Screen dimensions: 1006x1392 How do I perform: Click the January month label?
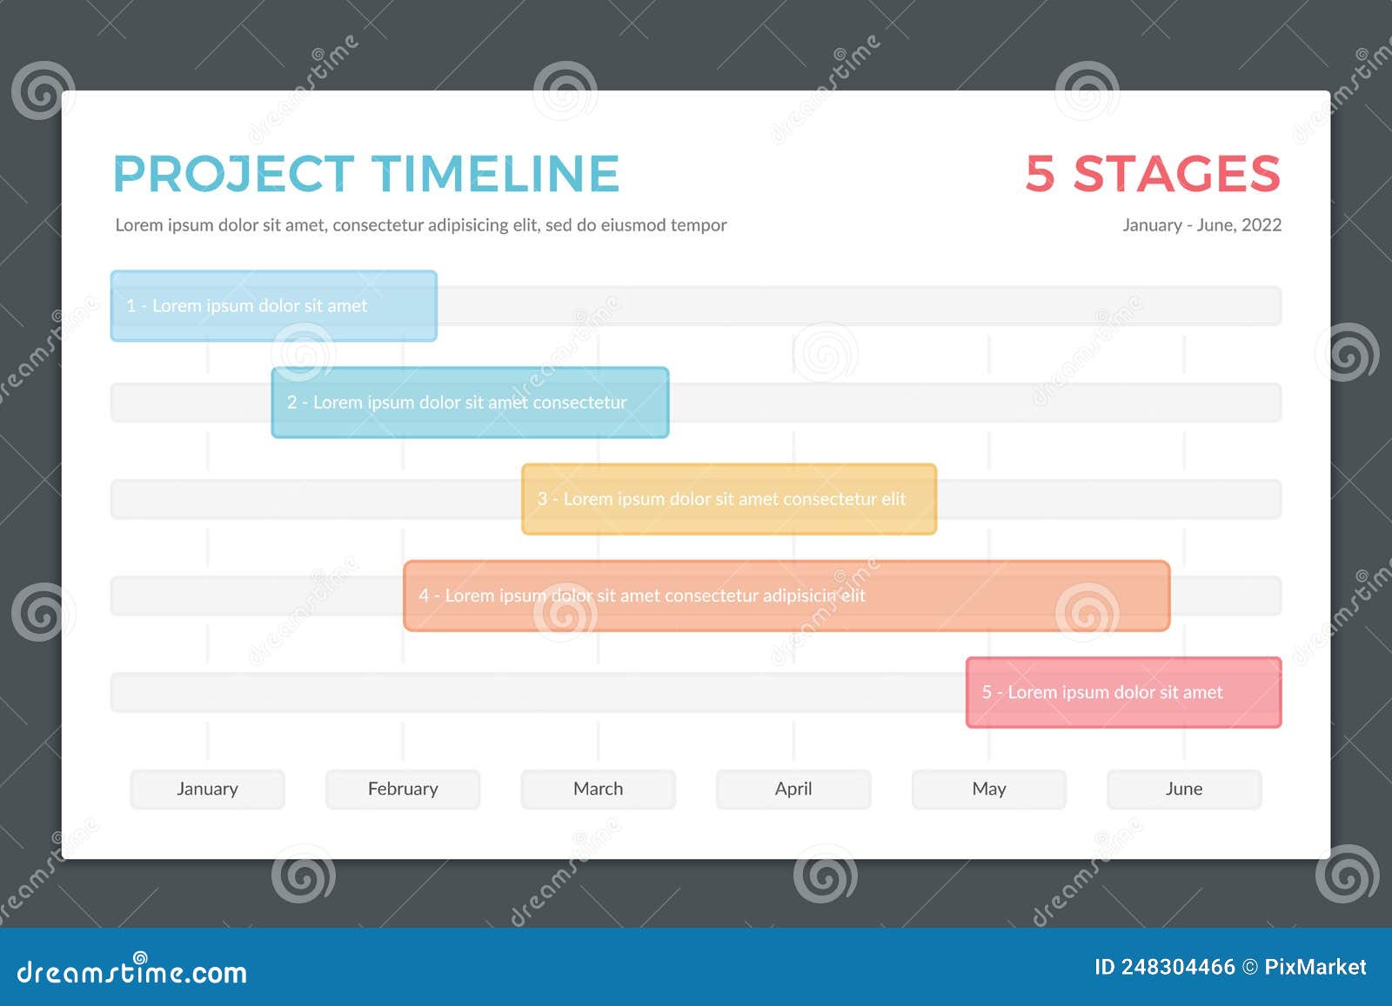coord(207,789)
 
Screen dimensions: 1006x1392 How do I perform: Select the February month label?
coord(403,789)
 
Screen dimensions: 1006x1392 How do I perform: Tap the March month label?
coord(598,789)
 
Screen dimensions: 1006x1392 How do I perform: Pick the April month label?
coord(793,789)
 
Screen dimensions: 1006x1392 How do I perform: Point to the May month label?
coord(988,789)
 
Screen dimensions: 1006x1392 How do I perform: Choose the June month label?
coord(1184,789)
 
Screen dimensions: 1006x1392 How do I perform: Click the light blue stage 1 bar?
coord(273,306)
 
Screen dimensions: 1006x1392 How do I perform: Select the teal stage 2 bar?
coord(470,403)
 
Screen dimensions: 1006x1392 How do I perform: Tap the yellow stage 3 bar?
coord(729,499)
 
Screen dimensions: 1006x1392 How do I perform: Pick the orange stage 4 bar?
coord(786,596)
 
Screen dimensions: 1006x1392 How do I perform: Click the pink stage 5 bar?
coord(1123,692)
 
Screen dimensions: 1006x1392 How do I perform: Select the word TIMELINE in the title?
coord(496,174)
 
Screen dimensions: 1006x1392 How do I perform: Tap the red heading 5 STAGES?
coord(1153,174)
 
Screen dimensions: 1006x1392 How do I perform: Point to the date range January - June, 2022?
coord(1201,225)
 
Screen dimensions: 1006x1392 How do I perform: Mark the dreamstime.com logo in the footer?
coord(132,971)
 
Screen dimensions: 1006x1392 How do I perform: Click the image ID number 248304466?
coord(1177,967)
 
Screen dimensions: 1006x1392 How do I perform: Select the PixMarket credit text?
coord(1315,967)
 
